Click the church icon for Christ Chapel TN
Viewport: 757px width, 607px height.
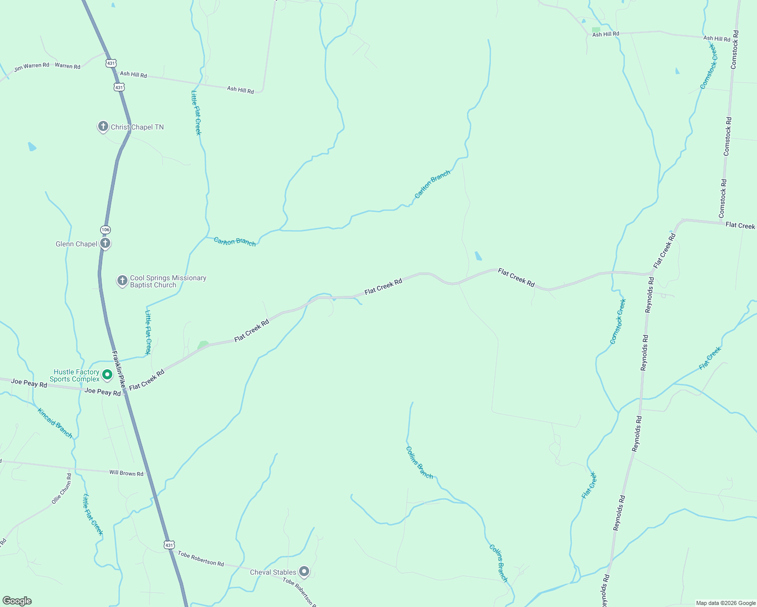tap(103, 126)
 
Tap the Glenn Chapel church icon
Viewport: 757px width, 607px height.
tap(105, 243)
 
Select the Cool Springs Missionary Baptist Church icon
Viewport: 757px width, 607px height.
tap(122, 281)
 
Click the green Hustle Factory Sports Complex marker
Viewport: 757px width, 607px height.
tap(107, 375)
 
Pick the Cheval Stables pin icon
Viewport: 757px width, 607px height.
tap(304, 572)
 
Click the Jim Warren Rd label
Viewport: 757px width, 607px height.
tap(31, 66)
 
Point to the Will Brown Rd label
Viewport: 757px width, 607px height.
tap(127, 473)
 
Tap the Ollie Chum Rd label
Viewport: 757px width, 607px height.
tap(62, 489)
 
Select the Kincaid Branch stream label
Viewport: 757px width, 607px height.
tap(55, 423)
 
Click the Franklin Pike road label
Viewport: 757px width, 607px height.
tap(118, 369)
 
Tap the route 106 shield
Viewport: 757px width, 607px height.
tap(105, 230)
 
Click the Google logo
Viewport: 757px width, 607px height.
tap(17, 601)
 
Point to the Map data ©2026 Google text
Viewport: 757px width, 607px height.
tap(725, 603)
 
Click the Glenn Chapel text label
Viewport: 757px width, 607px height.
tap(76, 244)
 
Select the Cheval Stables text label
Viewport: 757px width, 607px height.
tap(273, 572)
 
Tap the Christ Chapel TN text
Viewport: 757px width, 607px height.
tap(137, 127)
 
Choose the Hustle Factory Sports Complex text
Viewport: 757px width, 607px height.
tap(75, 375)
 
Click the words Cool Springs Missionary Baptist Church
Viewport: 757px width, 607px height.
tap(167, 281)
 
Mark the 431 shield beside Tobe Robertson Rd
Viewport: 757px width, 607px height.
tap(169, 545)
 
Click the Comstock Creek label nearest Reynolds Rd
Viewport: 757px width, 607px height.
tap(618, 322)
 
